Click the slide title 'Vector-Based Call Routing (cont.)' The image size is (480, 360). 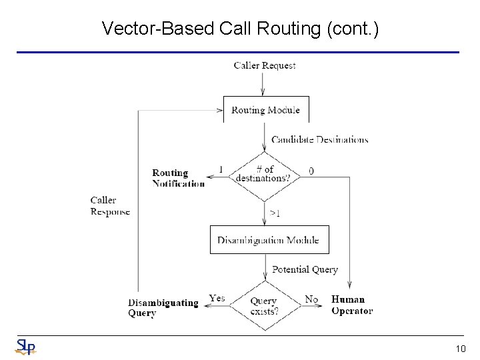pyautogui.click(x=240, y=29)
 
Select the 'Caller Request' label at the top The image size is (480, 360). pyautogui.click(x=265, y=65)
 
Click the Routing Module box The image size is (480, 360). pyautogui.click(x=265, y=110)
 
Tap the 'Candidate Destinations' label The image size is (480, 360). pyautogui.click(x=319, y=140)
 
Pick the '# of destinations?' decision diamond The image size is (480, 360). pyautogui.click(x=265, y=175)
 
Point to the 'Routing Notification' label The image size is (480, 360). pyautogui.click(x=178, y=178)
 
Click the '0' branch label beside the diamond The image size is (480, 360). pyautogui.click(x=311, y=171)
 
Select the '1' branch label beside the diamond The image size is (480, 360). pyautogui.click(x=221, y=169)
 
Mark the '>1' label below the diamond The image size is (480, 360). pyautogui.click(x=275, y=213)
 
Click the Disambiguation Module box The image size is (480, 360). pyautogui.click(x=269, y=240)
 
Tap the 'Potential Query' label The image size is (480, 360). pyautogui.click(x=305, y=269)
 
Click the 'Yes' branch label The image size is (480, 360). pyautogui.click(x=217, y=298)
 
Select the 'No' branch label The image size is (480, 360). pyautogui.click(x=311, y=299)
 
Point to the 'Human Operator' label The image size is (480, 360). pyautogui.click(x=352, y=305)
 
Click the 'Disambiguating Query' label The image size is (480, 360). pyautogui.click(x=163, y=308)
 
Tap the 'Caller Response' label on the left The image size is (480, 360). pyautogui.click(x=110, y=205)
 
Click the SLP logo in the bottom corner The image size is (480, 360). pyautogui.click(x=25, y=347)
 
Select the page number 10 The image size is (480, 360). pyautogui.click(x=461, y=348)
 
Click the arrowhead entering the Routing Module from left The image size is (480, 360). pyautogui.click(x=220, y=111)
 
